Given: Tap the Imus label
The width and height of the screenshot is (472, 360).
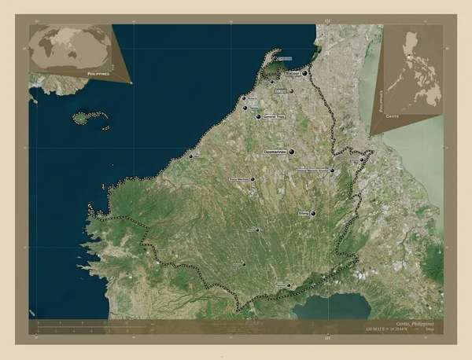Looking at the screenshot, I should pyautogui.click(x=280, y=91).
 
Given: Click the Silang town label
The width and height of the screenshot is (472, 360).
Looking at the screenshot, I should pyautogui.click(x=304, y=213).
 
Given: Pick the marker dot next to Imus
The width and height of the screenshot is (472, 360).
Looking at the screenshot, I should pyautogui.click(x=292, y=92).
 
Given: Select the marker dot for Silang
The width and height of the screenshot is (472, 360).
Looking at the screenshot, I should pyautogui.click(x=313, y=213).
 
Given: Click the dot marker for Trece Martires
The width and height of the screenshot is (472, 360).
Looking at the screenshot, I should pyautogui.click(x=253, y=179).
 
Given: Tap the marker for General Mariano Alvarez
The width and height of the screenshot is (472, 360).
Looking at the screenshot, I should pyautogui.click(x=332, y=170).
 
